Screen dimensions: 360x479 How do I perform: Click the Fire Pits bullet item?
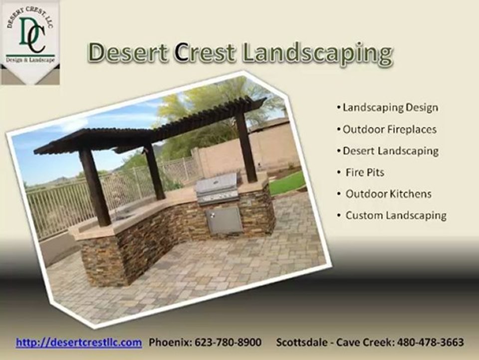click(365, 172)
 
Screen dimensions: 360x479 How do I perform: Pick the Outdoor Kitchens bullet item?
click(388, 194)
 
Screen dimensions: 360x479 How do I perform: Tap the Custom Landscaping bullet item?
click(396, 215)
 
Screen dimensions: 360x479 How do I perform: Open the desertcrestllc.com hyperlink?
click(79, 343)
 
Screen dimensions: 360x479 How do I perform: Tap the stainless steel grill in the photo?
click(217, 189)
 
